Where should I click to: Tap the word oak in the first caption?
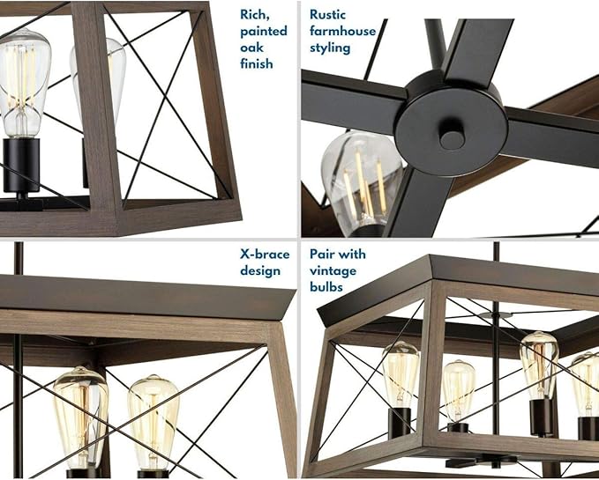(251, 48)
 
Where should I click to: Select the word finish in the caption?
(257, 63)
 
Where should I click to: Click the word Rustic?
(327, 14)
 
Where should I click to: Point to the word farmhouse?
(342, 31)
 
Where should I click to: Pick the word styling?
(330, 48)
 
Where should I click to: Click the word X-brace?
(265, 255)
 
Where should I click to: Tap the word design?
(260, 271)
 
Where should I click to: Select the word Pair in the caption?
(321, 255)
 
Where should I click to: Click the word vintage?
(333, 271)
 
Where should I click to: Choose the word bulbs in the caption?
(326, 287)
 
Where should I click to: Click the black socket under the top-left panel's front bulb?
(21, 165)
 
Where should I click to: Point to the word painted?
(264, 31)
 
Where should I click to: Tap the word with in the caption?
(351, 255)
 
